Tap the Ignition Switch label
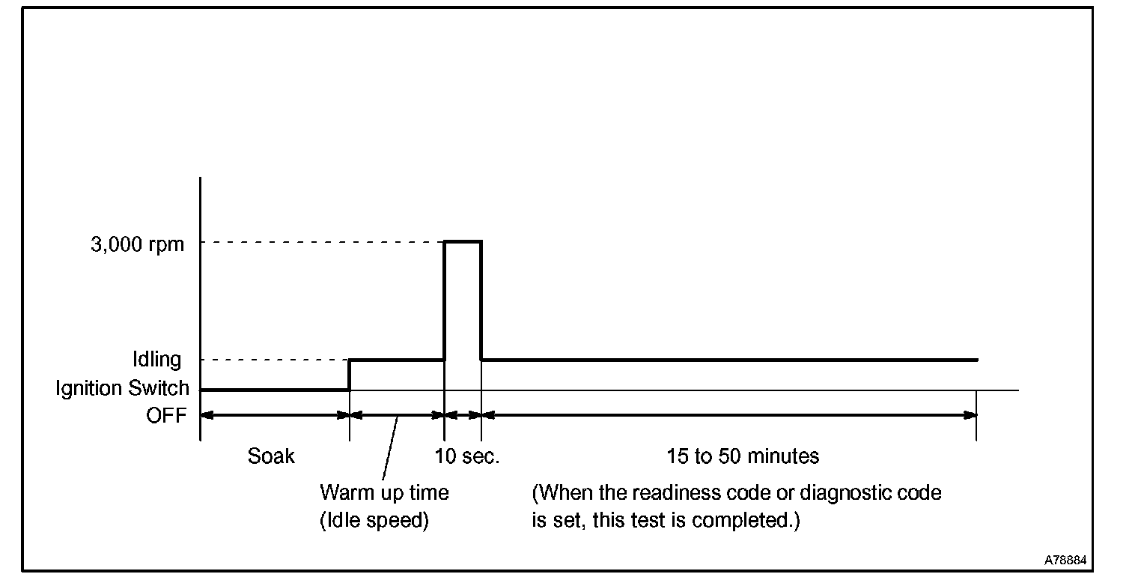tap(122, 388)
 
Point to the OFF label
tap(165, 416)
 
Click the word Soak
tap(271, 456)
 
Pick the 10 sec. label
tap(466, 456)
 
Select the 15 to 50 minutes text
tap(743, 456)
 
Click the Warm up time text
tap(384, 492)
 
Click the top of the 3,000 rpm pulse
tap(463, 241)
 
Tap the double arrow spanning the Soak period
tap(275, 414)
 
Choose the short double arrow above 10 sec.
tap(463, 414)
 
